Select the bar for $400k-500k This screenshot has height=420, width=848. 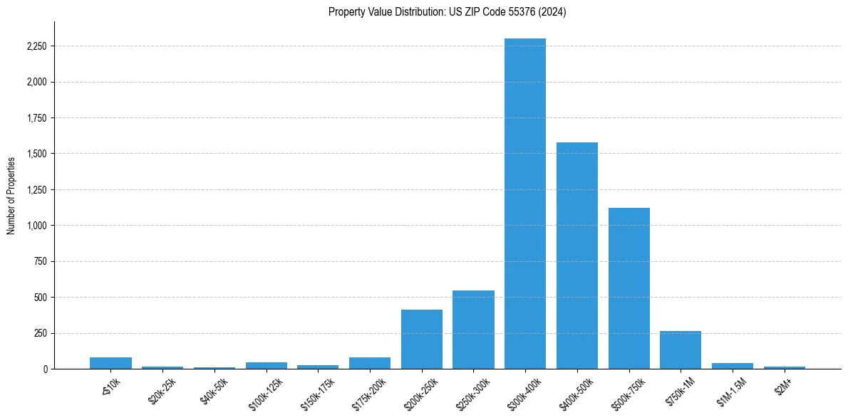577,256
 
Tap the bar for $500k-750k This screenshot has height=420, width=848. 629,288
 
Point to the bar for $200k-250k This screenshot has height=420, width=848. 422,339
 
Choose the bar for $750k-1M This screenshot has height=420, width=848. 681,350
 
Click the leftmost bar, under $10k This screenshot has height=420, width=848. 110,363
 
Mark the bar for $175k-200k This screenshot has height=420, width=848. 370,363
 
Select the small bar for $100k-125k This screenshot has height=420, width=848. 267,365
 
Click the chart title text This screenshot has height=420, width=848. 448,12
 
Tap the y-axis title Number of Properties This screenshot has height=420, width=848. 11,196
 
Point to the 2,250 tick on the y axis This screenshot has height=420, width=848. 36,46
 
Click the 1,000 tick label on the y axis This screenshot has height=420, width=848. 36,226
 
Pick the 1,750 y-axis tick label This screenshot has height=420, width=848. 36,118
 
